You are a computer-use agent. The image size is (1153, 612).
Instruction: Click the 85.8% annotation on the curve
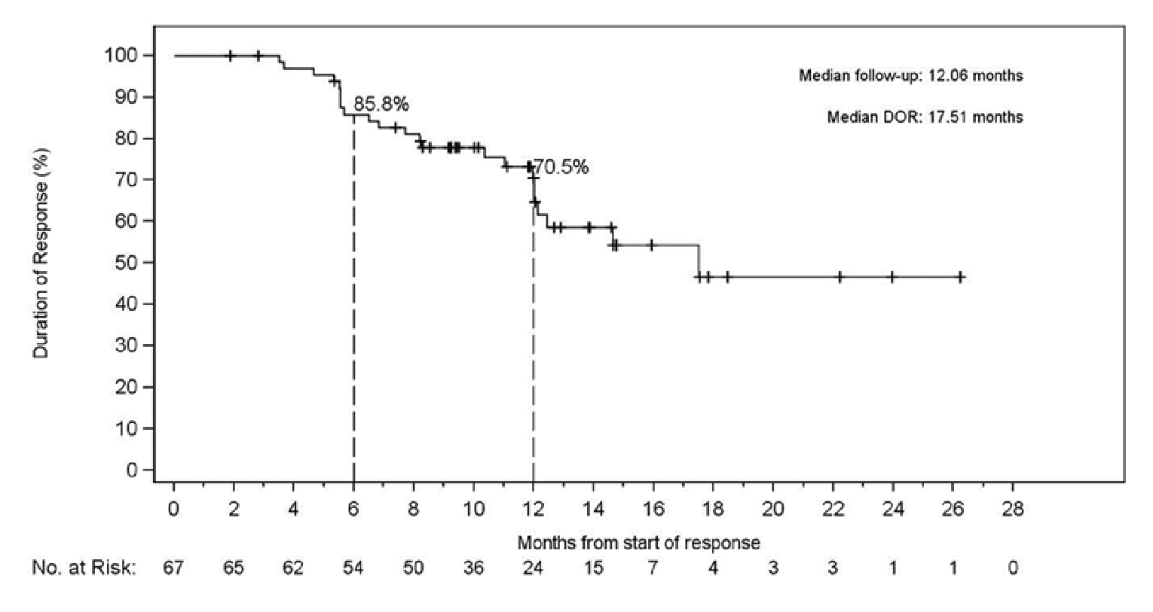[381, 104]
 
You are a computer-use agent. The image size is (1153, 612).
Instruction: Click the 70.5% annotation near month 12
[561, 167]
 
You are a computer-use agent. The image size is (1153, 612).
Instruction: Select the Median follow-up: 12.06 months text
[910, 75]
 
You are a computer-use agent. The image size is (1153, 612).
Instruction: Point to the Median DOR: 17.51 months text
[925, 117]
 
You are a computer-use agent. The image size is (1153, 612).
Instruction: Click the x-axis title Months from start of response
[638, 542]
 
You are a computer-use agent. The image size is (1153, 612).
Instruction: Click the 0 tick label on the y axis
[133, 470]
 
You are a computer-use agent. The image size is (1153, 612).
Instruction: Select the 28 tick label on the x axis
[1012, 510]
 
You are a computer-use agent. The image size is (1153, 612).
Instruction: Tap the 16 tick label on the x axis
[653, 510]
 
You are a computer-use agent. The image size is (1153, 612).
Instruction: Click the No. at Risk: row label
[84, 568]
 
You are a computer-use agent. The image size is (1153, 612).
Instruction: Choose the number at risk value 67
[173, 568]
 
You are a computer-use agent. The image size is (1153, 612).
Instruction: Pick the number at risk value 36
[473, 568]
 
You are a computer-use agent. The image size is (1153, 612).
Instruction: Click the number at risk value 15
[593, 568]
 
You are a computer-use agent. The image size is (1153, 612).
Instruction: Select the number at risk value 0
[1012, 568]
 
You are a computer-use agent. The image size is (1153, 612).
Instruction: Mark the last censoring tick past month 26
[960, 277]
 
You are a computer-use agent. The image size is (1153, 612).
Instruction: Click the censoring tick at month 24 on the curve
[892, 277]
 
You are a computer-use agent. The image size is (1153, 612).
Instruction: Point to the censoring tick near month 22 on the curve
[840, 277]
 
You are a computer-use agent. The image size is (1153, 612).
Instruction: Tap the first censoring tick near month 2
[231, 56]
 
